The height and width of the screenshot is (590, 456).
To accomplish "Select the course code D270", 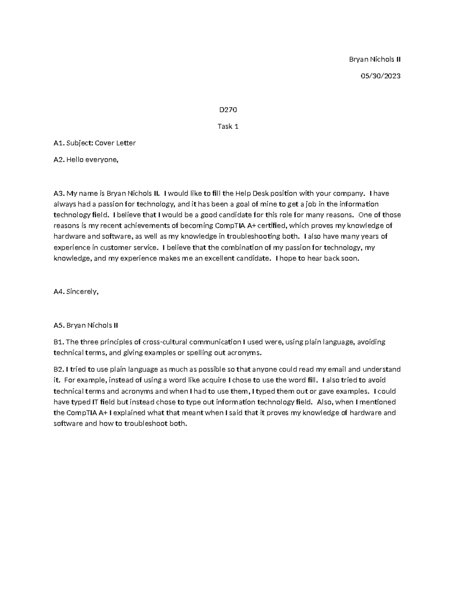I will [228, 110].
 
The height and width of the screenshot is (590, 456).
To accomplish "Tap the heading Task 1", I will [228, 127].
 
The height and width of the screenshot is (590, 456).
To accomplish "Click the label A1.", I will [59, 143].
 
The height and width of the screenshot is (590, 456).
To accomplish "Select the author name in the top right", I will [375, 59].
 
